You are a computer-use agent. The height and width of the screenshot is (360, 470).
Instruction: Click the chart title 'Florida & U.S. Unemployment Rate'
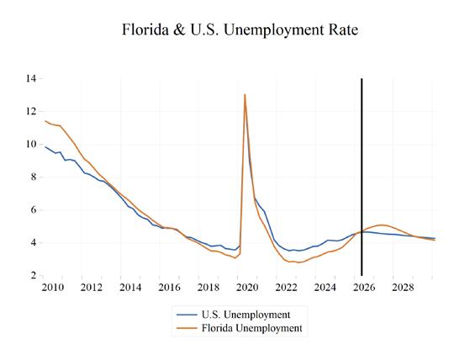point(240,30)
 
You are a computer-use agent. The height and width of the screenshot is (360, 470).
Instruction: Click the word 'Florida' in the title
point(145,30)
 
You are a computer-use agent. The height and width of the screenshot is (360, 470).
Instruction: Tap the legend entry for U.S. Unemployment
point(233,315)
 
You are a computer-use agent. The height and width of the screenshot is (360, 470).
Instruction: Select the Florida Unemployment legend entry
point(239,328)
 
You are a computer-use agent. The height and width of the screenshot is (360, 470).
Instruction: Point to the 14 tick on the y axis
point(31,79)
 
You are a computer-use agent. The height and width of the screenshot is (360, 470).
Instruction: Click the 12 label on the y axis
point(31,112)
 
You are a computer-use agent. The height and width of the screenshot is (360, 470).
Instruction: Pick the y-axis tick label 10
point(31,144)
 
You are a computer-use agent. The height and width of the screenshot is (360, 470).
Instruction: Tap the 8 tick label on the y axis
point(33,177)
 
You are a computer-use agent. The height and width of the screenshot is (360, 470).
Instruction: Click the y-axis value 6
point(33,209)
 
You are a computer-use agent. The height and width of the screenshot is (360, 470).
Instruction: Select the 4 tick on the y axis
point(33,242)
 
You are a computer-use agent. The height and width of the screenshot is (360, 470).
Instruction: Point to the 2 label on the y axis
point(33,275)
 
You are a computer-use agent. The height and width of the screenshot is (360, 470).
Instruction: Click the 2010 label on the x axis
point(53,288)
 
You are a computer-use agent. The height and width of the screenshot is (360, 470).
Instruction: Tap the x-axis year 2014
point(130,288)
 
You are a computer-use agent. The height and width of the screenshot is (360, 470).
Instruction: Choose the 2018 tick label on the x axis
point(209,288)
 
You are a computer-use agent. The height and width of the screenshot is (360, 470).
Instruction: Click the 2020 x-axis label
point(247,288)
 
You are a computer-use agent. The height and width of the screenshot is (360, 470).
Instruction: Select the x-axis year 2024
point(325,288)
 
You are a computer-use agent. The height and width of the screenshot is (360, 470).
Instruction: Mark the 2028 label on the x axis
point(403,288)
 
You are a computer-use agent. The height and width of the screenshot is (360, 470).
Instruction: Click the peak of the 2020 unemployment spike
point(245,95)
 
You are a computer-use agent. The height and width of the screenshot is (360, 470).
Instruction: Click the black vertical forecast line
point(362,177)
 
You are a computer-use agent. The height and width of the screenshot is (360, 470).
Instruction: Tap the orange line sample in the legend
point(187,328)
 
